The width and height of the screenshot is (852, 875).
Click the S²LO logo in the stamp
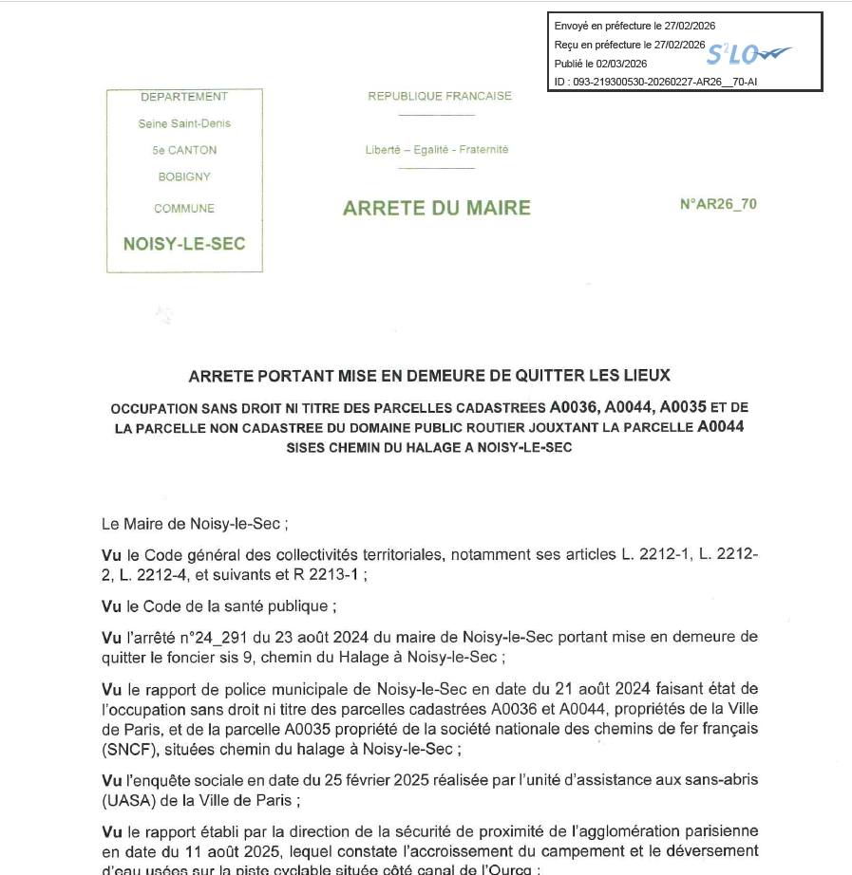[748, 53]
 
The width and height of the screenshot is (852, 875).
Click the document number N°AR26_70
[718, 204]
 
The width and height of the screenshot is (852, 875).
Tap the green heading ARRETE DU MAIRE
[437, 208]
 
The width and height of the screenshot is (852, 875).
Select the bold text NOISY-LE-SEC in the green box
[184, 244]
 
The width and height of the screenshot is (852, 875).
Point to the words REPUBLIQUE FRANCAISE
[440, 96]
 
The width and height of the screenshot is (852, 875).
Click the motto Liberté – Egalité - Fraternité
[437, 150]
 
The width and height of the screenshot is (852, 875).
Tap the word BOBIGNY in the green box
[184, 177]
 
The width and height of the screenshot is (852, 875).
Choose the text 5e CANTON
[184, 150]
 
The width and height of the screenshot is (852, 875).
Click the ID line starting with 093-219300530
[655, 82]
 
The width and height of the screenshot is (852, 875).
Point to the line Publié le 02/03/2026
[600, 64]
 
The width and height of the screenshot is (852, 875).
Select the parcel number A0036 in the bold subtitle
[573, 407]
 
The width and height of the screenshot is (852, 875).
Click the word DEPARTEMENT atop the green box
[184, 97]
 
